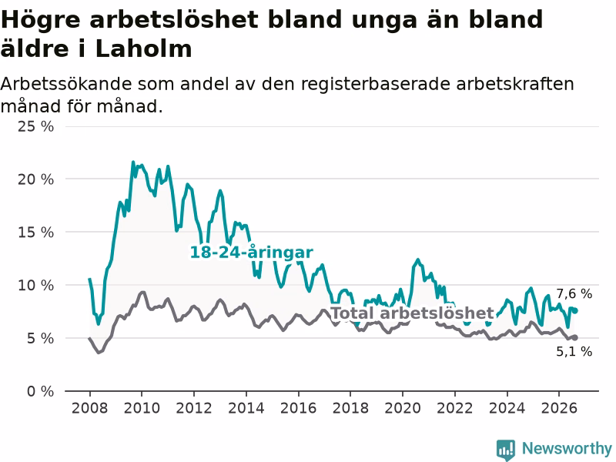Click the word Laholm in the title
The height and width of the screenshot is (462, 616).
tap(143, 49)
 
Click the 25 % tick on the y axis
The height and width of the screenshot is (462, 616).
tap(35, 126)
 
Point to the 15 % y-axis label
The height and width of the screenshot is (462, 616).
tap(35, 233)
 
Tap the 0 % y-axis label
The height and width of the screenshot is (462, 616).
tap(41, 391)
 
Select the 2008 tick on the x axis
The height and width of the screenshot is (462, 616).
tap(89, 408)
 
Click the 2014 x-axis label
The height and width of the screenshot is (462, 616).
tap(246, 408)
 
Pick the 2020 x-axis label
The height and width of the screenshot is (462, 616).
tap(403, 408)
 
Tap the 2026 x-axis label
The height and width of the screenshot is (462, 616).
tap(559, 408)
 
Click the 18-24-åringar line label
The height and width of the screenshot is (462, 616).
tap(252, 253)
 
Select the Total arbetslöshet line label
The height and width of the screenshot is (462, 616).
tap(412, 313)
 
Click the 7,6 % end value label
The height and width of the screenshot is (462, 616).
tap(574, 293)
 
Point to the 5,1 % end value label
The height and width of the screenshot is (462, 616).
tap(574, 351)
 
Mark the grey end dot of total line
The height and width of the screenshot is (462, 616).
tap(575, 337)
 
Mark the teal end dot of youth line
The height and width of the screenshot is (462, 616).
tap(575, 311)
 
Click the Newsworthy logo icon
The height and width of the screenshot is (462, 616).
tap(506, 450)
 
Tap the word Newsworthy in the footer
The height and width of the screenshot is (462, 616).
tap(567, 449)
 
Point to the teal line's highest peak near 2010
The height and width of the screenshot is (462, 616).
tap(132, 162)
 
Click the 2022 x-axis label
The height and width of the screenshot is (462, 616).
tap(455, 408)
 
